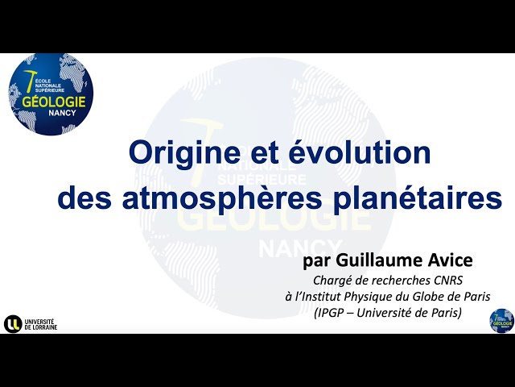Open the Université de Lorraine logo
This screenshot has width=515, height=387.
31,323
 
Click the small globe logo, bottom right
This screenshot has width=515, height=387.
501,319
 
